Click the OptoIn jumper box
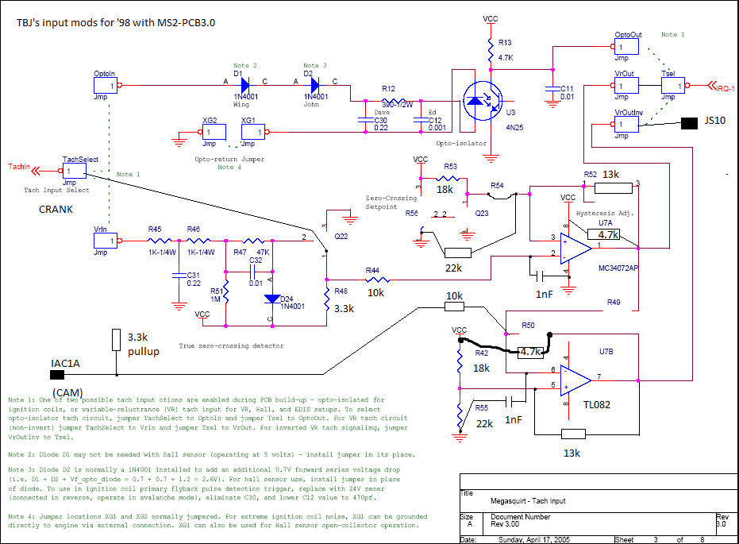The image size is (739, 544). [x=105, y=84]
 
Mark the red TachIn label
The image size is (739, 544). [x=19, y=167]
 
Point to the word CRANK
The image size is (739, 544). [x=56, y=209]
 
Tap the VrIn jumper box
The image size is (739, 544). [x=105, y=241]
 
